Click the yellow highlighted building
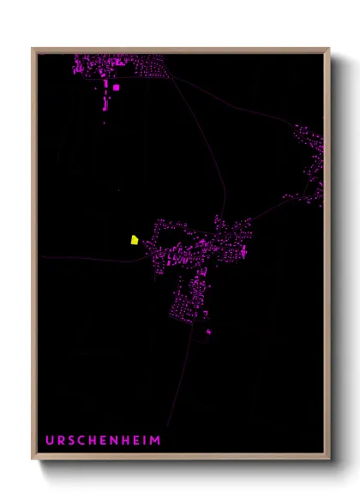click(x=135, y=240)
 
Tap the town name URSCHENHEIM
click(x=103, y=441)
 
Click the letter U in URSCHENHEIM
click(x=50, y=441)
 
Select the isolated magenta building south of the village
click(x=208, y=331)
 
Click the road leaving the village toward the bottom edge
click(x=176, y=386)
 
